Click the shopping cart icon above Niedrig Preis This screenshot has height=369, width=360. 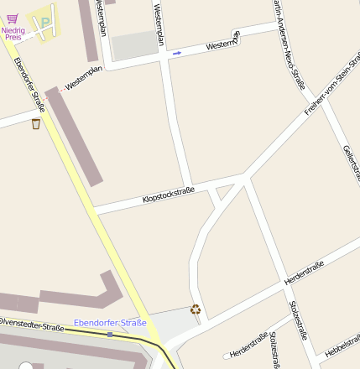(12, 18)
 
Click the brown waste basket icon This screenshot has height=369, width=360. (35, 124)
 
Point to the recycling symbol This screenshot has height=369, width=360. (196, 309)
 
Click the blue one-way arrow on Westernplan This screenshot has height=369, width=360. (176, 53)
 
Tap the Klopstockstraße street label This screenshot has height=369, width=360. (169, 195)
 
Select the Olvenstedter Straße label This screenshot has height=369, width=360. (32, 325)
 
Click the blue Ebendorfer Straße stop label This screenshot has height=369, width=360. (110, 323)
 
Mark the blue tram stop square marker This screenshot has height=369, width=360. (110, 334)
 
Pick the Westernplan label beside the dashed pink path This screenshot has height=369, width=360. (83, 78)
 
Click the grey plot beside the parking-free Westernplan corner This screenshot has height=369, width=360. (134, 45)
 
